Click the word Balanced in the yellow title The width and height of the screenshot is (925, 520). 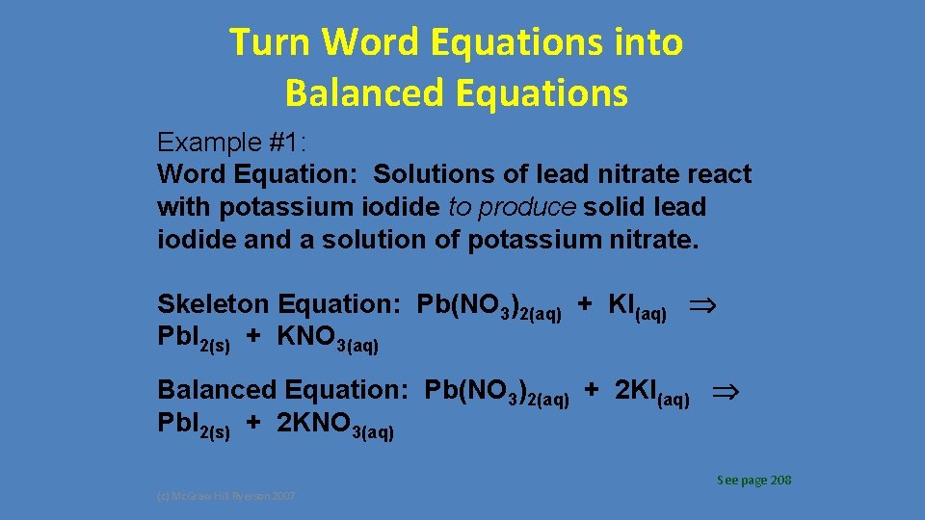tap(352, 93)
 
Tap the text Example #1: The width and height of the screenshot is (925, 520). tap(232, 143)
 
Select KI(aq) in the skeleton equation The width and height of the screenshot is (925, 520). tap(637, 306)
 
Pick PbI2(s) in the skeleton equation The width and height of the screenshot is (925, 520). tap(194, 339)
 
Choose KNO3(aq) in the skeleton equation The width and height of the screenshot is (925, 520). tap(328, 339)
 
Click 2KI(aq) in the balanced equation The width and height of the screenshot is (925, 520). tap(651, 392)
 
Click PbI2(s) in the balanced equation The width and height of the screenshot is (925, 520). tap(194, 425)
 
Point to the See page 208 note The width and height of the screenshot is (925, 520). tap(753, 480)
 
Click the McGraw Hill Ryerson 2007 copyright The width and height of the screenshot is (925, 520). tap(227, 496)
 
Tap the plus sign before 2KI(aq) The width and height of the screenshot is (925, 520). tap(593, 390)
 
